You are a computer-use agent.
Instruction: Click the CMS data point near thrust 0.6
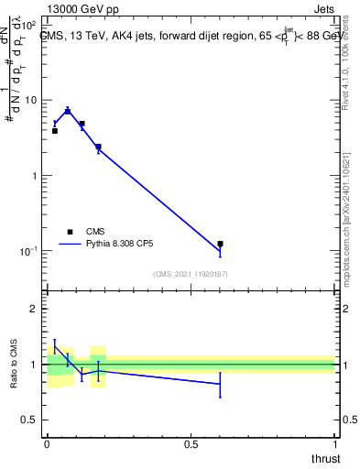click(x=220, y=244)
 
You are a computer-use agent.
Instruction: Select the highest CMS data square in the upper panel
click(x=68, y=111)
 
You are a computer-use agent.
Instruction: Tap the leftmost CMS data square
click(x=54, y=131)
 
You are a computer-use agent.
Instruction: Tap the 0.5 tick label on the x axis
click(x=191, y=443)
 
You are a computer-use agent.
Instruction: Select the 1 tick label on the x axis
click(x=333, y=443)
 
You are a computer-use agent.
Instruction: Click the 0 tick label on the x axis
click(x=47, y=443)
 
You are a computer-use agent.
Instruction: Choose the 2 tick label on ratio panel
click(x=33, y=309)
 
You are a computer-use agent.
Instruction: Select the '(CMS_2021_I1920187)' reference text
click(x=191, y=274)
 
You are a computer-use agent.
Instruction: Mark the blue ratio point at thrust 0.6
click(x=220, y=384)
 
